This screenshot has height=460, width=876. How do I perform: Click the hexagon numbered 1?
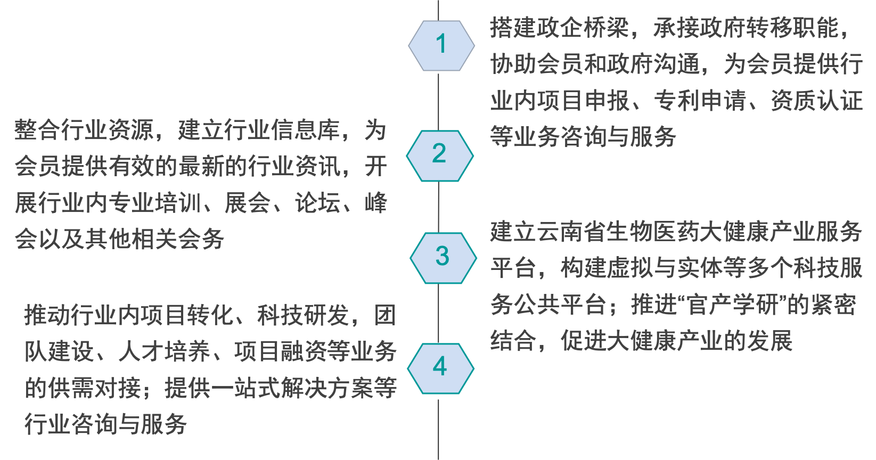pos(441,45)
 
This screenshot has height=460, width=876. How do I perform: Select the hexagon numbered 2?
pos(439,155)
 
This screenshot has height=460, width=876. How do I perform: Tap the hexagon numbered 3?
pos(443,258)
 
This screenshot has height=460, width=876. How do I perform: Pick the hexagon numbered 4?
pos(440,368)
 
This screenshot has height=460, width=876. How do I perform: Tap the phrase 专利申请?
pos(700,101)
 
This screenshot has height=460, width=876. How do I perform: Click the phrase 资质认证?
pos(816,101)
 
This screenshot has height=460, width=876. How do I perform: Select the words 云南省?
pos(571,232)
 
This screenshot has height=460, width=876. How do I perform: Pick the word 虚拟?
pos(630,268)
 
